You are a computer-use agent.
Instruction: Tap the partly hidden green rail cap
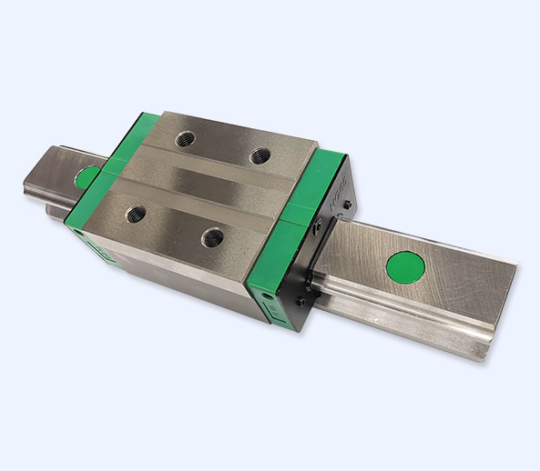[x=87, y=176]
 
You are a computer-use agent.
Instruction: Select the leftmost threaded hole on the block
[x=136, y=215]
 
